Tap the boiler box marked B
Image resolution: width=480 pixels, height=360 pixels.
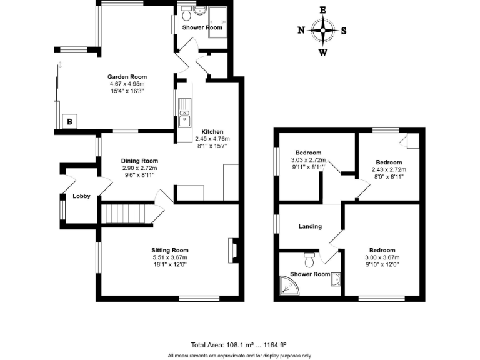coord(69,121)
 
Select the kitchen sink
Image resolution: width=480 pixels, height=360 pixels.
coord(185,114)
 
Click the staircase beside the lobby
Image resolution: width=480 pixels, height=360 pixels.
coord(127,215)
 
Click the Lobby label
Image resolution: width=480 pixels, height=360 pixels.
coord(81,196)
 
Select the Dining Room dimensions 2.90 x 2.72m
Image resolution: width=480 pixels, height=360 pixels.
coord(139,168)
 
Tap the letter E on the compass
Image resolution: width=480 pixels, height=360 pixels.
coord(323,9)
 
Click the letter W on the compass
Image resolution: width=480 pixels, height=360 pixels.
coord(323,52)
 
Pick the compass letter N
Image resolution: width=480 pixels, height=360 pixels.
coord(301,31)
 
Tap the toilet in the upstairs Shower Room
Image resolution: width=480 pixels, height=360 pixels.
coord(308,256)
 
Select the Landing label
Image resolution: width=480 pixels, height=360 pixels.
coord(310,226)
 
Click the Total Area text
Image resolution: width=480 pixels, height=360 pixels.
coord(238,344)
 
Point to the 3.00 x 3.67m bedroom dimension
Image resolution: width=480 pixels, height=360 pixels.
coord(381,257)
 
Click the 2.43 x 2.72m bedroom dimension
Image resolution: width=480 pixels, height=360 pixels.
coord(389,169)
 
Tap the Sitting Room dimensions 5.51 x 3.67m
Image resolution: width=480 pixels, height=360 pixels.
coord(170,257)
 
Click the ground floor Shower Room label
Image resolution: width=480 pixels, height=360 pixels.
coord(202,27)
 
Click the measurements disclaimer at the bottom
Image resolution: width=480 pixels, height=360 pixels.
coord(239,356)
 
